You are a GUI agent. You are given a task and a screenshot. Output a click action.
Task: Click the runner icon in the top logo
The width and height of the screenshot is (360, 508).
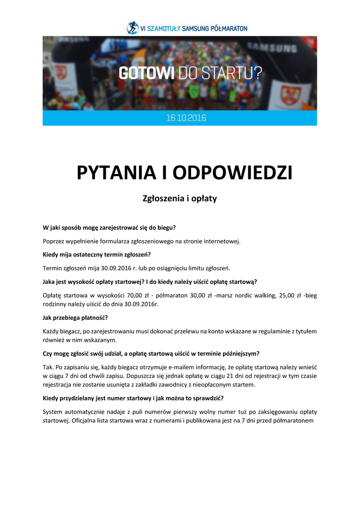point(132,28)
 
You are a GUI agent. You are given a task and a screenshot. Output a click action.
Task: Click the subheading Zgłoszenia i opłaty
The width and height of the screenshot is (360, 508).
point(180,198)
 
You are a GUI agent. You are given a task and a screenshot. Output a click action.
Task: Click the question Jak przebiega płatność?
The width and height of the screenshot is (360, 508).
point(75,317)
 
